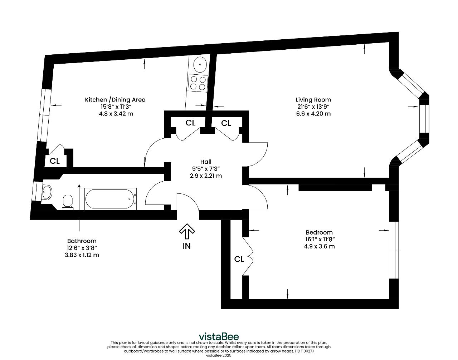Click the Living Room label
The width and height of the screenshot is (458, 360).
[313, 99]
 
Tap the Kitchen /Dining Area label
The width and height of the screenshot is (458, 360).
[115, 99]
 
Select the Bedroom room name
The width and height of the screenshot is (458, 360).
[319, 232]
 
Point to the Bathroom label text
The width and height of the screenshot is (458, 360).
[82, 241]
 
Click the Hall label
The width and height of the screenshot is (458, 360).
[206, 162]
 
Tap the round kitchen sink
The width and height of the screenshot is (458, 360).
[200, 64]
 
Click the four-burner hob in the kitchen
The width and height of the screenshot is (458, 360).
[198, 83]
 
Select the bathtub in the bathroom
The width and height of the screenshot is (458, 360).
[111, 199]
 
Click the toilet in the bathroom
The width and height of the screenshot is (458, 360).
[68, 202]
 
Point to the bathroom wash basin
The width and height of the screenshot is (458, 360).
[47, 192]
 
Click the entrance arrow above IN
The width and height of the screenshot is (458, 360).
[187, 231]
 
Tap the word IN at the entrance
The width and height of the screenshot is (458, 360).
[187, 246]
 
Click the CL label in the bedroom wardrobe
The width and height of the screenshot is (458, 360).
[239, 259]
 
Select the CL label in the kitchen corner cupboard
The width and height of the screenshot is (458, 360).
[55, 161]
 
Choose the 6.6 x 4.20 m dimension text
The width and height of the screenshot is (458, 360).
[313, 114]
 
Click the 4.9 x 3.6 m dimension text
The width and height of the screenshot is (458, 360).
[319, 246]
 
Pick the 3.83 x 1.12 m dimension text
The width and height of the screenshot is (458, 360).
[82, 255]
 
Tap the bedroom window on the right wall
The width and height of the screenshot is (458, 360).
[394, 250]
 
